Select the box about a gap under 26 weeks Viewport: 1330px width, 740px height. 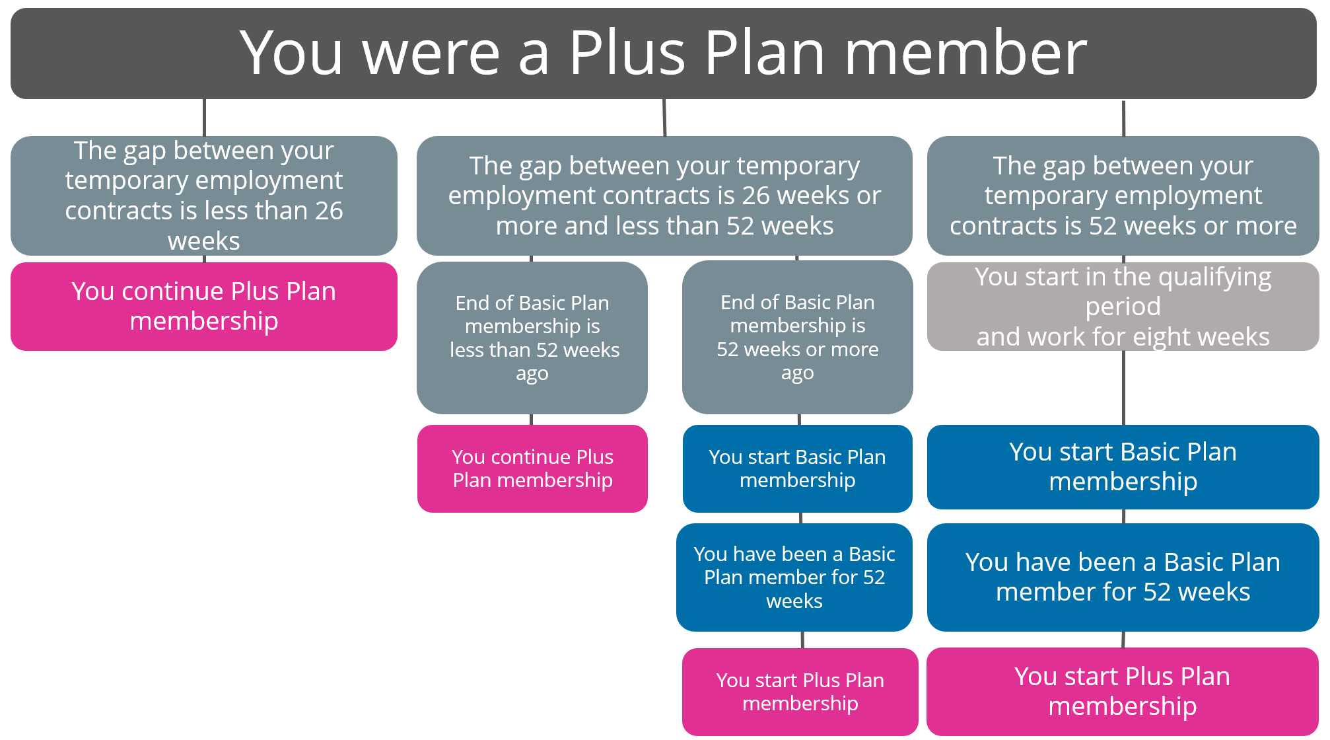(204, 196)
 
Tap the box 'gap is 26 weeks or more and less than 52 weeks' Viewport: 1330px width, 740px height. (664, 196)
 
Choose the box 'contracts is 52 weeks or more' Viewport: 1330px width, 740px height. (1123, 196)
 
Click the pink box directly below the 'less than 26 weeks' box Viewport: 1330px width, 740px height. (204, 307)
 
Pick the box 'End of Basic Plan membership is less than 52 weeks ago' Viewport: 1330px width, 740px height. (532, 338)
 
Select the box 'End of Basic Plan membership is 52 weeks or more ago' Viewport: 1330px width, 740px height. (798, 337)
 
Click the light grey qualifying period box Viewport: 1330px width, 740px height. (1123, 307)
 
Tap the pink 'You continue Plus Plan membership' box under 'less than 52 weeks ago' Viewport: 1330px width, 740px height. (532, 468)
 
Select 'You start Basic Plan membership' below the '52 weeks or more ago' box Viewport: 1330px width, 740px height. (798, 468)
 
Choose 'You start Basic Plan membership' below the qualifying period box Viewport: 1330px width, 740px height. (1123, 467)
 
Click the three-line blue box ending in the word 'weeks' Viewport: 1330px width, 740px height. (794, 577)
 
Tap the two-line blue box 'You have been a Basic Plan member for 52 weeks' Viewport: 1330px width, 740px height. (1123, 577)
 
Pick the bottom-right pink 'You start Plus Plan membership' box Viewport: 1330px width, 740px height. (1123, 691)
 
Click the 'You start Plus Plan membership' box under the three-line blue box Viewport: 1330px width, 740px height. (800, 692)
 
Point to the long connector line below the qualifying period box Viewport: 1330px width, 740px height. (1123, 388)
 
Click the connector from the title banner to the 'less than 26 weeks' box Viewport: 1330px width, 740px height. (204, 118)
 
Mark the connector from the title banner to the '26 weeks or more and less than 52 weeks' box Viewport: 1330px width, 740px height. (664, 118)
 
